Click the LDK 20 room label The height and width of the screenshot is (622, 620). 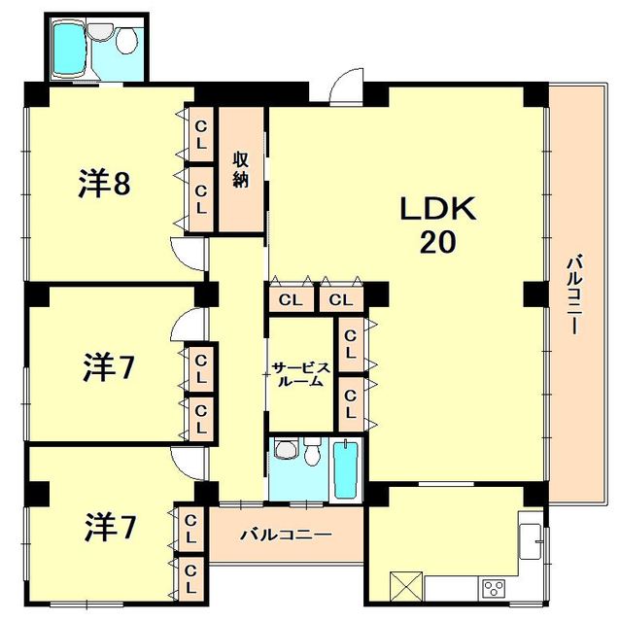pos(438,225)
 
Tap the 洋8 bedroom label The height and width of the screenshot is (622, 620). pos(104,183)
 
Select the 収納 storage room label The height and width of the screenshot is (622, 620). pos(240,169)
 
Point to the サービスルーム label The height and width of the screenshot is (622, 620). pos(301,374)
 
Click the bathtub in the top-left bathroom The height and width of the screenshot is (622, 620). pos(70,49)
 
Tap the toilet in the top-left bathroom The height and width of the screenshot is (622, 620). pos(126,41)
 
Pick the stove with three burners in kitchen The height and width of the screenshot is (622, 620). pos(494,587)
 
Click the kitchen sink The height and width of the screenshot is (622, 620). pos(531,541)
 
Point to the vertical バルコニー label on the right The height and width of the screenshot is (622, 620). pos(574,294)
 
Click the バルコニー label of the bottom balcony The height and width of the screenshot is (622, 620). pos(286,536)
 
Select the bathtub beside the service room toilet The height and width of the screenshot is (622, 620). pos(346,469)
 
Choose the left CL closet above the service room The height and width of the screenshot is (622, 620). pos(291,299)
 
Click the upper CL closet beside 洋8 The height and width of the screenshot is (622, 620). pos(201,135)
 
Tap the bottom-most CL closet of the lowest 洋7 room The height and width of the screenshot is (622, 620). pos(190,578)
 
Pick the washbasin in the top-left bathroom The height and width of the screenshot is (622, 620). pos(100,31)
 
